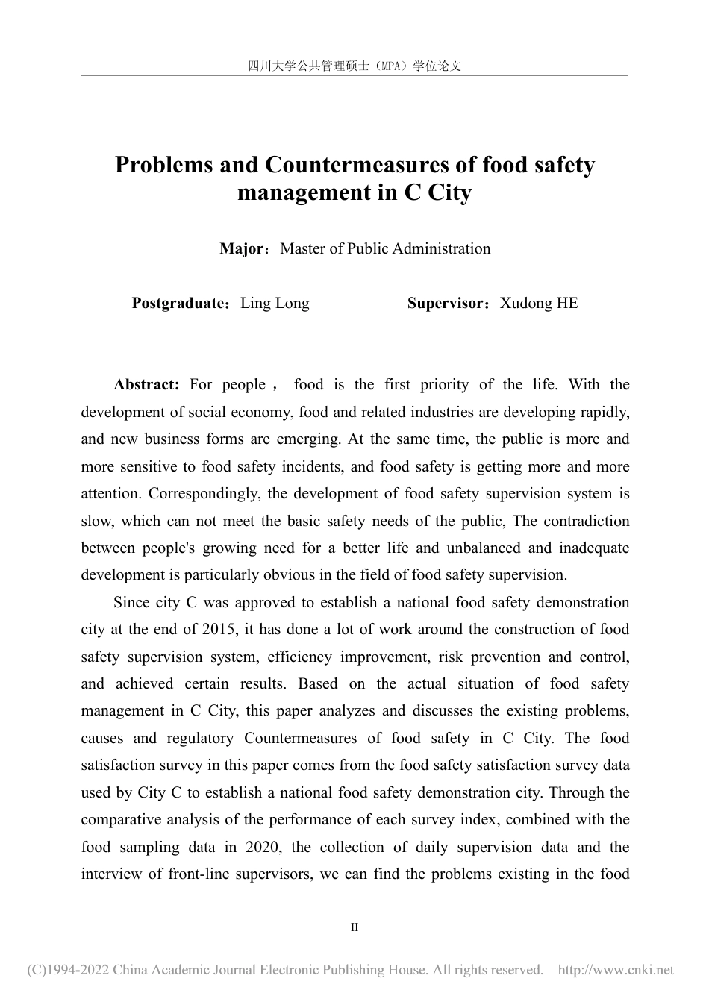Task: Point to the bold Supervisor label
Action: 446,304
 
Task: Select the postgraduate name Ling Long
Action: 275,304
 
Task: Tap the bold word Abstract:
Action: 146,385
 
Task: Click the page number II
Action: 354,927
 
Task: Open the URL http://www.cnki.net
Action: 616,971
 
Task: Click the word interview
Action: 111,874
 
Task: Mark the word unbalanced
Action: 484,548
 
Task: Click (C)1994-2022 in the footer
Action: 69,971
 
